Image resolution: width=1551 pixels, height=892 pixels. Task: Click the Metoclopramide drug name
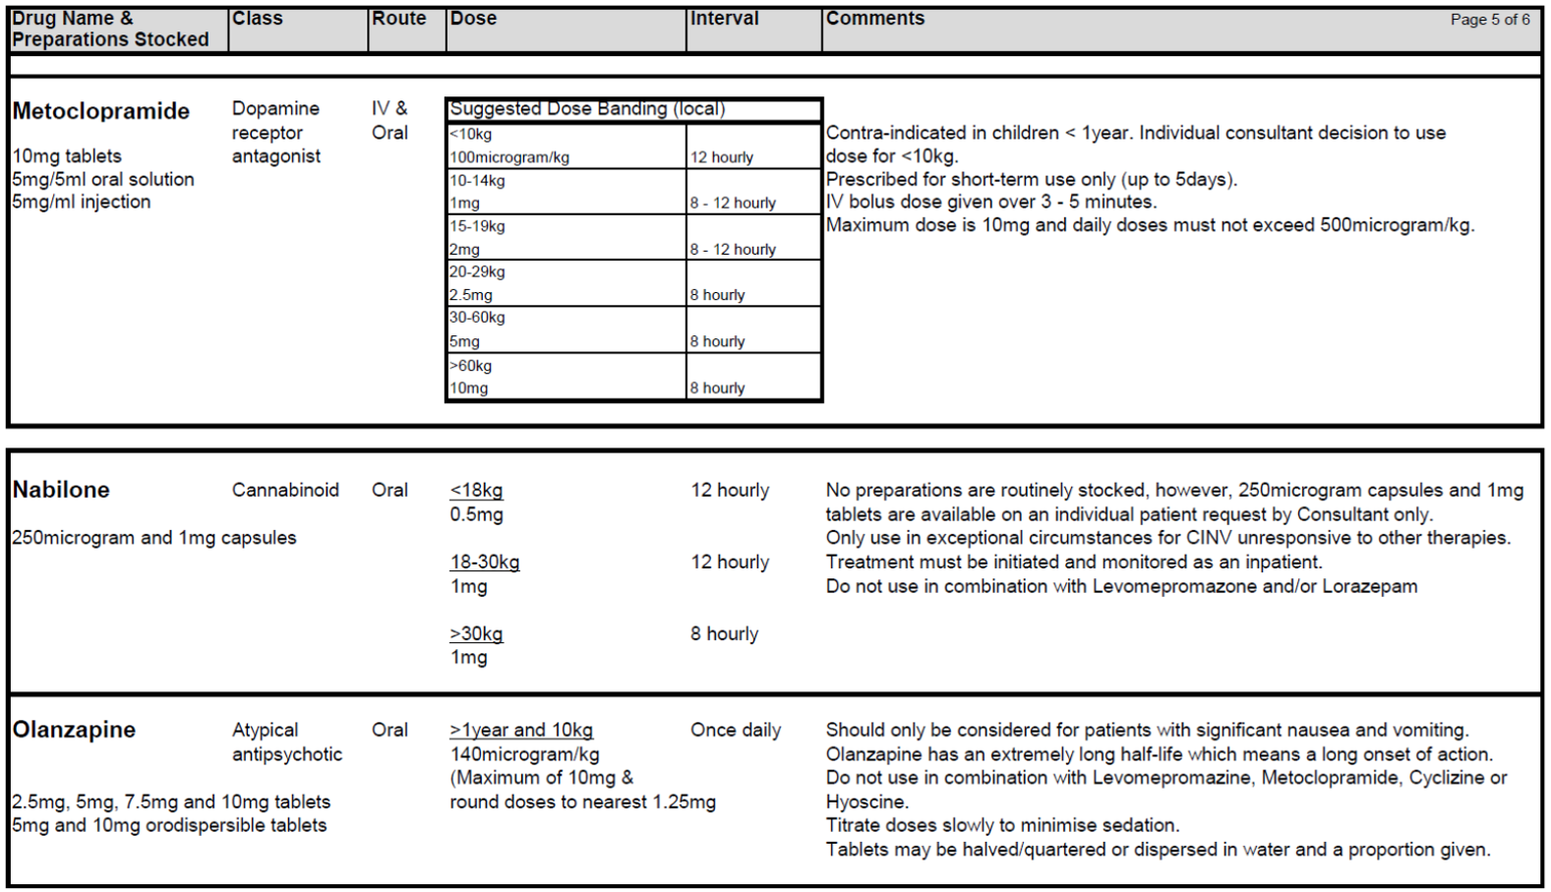tap(100, 111)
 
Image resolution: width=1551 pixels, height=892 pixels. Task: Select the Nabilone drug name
tap(61, 490)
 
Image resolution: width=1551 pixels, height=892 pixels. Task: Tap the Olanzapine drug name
tap(74, 730)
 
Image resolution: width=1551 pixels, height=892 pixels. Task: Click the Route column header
tap(398, 19)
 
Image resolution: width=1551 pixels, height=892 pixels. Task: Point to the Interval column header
tap(724, 19)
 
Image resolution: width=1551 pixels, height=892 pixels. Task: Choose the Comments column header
tap(874, 19)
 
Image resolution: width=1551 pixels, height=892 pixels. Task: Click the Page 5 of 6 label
tap(1489, 20)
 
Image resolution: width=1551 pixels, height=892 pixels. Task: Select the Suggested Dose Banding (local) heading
tap(587, 109)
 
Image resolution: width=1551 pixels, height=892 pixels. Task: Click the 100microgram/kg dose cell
tap(509, 157)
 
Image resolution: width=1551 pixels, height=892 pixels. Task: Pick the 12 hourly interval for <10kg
tap(721, 157)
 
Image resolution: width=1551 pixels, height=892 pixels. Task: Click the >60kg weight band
tap(471, 366)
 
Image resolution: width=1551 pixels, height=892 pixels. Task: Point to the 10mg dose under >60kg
tap(469, 388)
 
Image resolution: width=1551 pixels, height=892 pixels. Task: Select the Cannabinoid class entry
tap(285, 490)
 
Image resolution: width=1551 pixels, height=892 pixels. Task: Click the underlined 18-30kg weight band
tap(485, 563)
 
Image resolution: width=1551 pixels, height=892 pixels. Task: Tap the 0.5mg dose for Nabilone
tap(476, 514)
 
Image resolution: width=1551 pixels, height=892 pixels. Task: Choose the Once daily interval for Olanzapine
tap(735, 730)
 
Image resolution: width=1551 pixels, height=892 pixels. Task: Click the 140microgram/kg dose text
tap(524, 754)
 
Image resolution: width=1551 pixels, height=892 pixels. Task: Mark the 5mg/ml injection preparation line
tap(82, 202)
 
